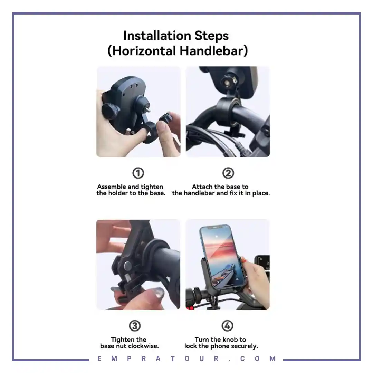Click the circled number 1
coord(138,173)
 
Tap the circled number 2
coord(228,173)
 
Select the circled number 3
coord(135,326)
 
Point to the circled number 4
coord(227,326)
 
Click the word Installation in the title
coord(157,36)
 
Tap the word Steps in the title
coord(212,36)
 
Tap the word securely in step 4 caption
coord(245,346)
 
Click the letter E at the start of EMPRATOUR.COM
coord(99,358)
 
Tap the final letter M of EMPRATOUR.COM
coord(272,358)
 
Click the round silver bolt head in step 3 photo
coord(127,266)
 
